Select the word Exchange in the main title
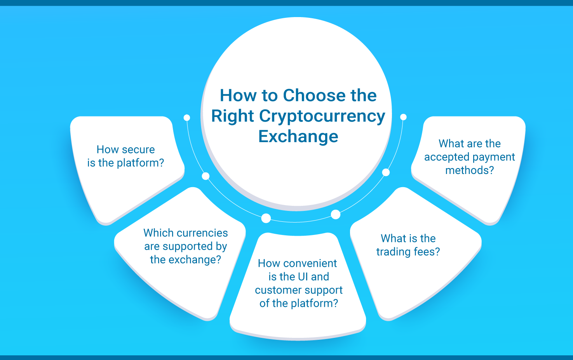tap(298, 136)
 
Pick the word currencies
tap(202, 233)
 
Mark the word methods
tap(470, 170)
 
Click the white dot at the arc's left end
tap(187, 118)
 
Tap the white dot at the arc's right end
tap(403, 117)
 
